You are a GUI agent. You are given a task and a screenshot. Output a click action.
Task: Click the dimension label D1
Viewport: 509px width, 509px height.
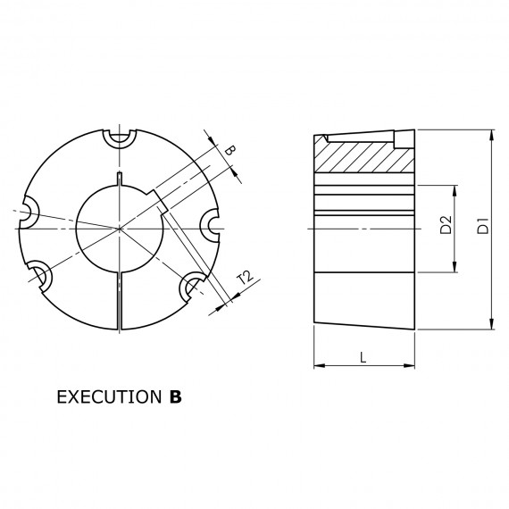pos(483,226)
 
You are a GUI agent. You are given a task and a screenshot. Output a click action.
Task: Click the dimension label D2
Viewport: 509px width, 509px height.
pos(446,225)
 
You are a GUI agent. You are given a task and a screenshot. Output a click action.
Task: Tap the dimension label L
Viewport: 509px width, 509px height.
pos(363,357)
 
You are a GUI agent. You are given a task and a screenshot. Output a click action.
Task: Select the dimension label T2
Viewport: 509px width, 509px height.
pos(245,279)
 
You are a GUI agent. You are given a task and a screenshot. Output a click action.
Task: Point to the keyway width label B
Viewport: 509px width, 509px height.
pos(229,151)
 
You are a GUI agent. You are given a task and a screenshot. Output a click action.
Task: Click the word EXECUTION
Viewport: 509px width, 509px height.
pos(109,396)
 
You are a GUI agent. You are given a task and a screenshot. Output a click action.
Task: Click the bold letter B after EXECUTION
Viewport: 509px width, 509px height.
pos(175,396)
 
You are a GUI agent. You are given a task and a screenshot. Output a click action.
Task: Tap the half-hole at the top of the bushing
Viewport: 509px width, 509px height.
pos(120,138)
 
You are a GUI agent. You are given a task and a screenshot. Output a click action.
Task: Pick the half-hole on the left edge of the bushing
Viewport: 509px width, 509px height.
pos(29,213)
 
